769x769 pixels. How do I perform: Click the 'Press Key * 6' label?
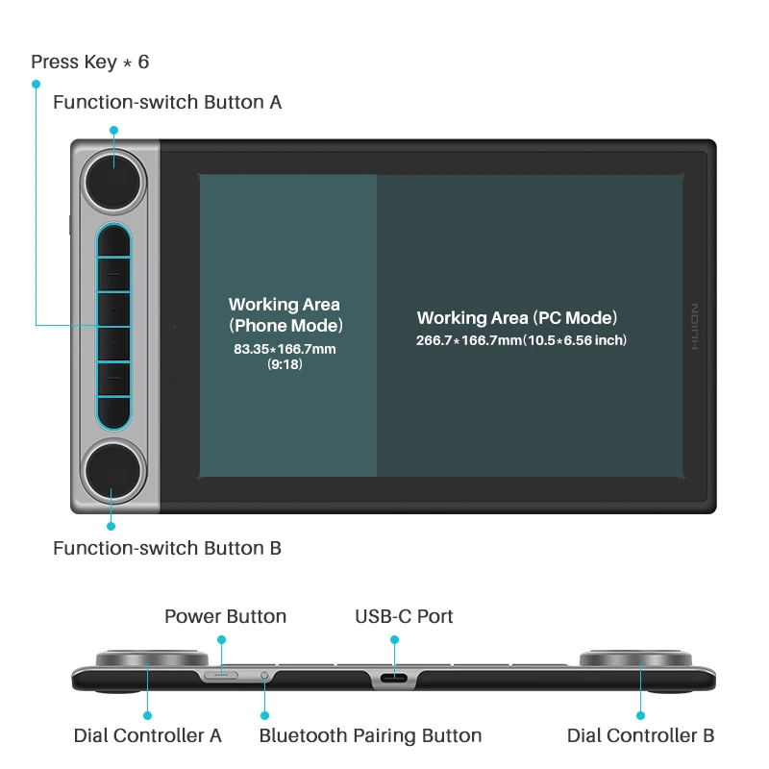pyautogui.click(x=90, y=62)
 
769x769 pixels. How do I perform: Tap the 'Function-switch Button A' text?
pyautogui.click(x=167, y=102)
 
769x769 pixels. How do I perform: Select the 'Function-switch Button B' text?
pyautogui.click(x=167, y=549)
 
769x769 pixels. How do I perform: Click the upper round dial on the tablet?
pyautogui.click(x=114, y=176)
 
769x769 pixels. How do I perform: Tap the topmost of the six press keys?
pyautogui.click(x=113, y=240)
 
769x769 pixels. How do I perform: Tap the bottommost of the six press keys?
pyautogui.click(x=113, y=409)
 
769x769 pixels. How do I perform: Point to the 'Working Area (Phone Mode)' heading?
pyautogui.click(x=285, y=314)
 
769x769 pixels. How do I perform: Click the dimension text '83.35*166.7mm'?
pyautogui.click(x=285, y=349)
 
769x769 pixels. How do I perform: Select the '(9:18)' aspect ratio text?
pyautogui.click(x=285, y=365)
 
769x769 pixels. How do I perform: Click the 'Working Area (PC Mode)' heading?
pyautogui.click(x=517, y=318)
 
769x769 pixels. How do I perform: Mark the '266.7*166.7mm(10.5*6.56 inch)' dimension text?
pyautogui.click(x=521, y=340)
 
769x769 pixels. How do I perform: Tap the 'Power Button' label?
pyautogui.click(x=225, y=616)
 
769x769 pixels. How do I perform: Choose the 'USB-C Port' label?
pyautogui.click(x=404, y=616)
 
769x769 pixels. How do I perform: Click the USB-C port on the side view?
pyautogui.click(x=394, y=679)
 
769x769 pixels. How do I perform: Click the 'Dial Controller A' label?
pyautogui.click(x=148, y=735)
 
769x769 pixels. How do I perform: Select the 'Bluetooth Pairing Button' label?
pyautogui.click(x=370, y=735)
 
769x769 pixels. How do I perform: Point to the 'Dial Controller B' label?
pyautogui.click(x=640, y=735)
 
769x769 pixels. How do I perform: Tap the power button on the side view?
pyautogui.click(x=223, y=675)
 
